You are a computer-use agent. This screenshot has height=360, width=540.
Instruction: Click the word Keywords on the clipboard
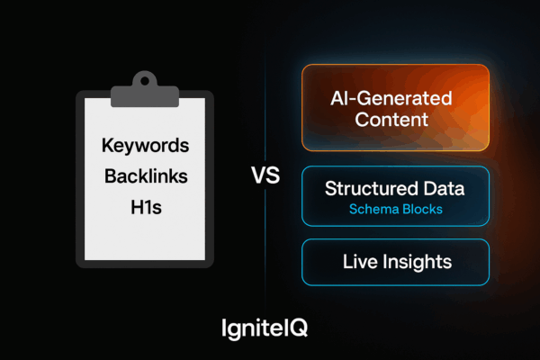click(x=145, y=146)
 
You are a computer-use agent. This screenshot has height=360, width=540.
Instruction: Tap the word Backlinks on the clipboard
click(x=146, y=176)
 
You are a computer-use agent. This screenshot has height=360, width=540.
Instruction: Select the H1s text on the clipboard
click(x=146, y=207)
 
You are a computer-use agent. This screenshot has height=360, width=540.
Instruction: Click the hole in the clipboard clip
click(x=145, y=81)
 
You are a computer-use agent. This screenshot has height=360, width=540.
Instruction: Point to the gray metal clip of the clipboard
click(x=145, y=90)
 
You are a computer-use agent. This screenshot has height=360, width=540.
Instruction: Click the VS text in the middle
click(x=265, y=175)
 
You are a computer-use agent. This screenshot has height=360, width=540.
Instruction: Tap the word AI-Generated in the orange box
click(x=391, y=98)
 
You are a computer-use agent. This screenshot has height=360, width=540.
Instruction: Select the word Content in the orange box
click(x=391, y=120)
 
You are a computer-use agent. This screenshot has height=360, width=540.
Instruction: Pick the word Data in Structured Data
click(x=445, y=188)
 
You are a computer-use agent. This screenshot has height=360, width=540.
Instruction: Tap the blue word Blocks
click(x=423, y=209)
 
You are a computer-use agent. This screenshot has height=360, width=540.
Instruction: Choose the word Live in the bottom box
click(x=360, y=262)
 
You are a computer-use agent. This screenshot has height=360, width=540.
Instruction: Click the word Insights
click(x=418, y=263)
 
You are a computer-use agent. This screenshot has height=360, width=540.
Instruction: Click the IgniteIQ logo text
click(x=265, y=328)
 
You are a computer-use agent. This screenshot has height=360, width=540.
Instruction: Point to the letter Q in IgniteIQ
click(x=298, y=328)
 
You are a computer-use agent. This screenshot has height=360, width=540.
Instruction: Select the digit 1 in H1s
click(x=147, y=207)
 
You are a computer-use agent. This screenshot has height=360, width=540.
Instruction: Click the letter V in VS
click(x=258, y=175)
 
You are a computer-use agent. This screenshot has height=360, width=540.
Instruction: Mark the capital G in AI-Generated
click(x=364, y=98)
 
